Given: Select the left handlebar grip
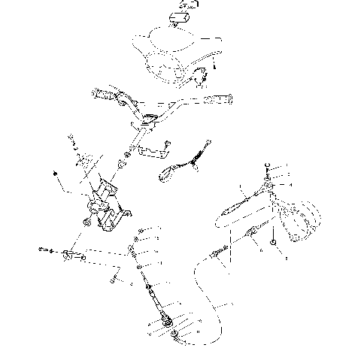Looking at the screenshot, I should (106, 95).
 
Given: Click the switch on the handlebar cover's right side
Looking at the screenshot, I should (202, 74).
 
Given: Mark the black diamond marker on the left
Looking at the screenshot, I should (57, 174).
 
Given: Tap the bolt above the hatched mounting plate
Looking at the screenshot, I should (72, 140).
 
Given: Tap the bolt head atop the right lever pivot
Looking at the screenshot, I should (268, 168).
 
